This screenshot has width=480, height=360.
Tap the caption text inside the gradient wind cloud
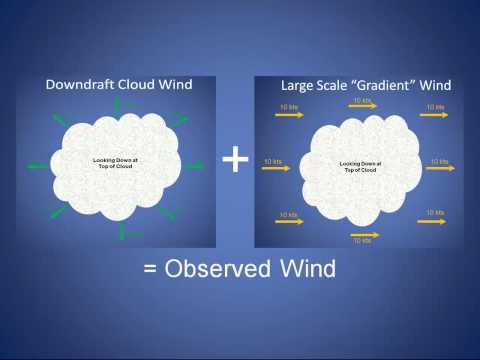pos(358,166)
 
